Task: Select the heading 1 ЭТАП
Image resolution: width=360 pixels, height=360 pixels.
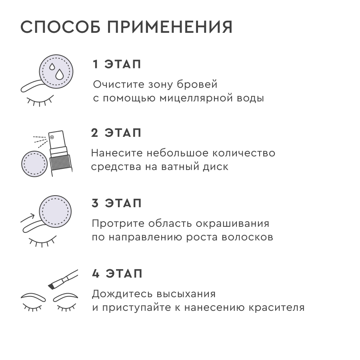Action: pyautogui.click(x=117, y=65)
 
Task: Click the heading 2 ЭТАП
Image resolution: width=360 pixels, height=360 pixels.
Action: pyautogui.click(x=116, y=133)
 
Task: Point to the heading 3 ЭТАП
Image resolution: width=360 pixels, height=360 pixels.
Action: pyautogui.click(x=117, y=204)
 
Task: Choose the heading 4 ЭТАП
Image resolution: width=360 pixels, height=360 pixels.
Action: pyautogui.click(x=117, y=274)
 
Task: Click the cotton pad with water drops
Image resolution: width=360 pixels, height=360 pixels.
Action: pyautogui.click(x=56, y=72)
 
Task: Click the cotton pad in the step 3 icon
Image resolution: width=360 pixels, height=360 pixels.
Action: pyautogui.click(x=55, y=211)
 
